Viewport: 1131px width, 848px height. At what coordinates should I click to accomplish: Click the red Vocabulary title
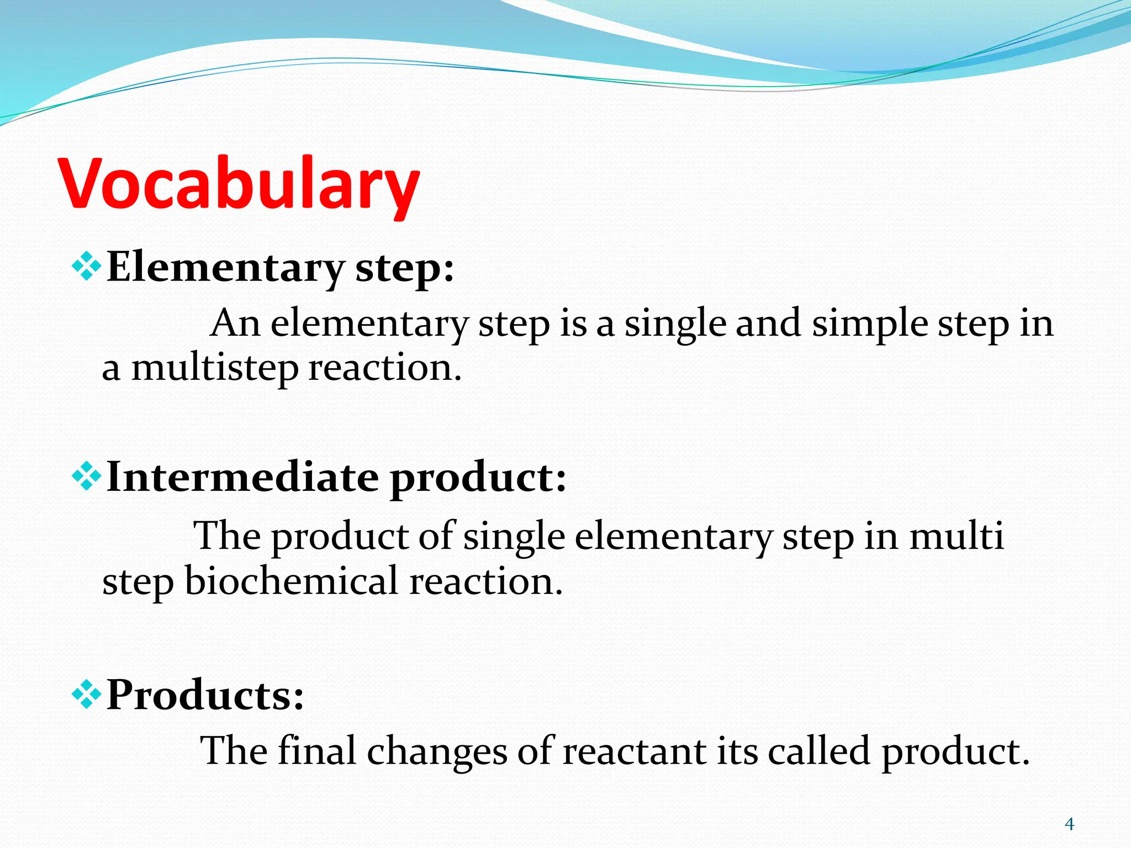(239, 184)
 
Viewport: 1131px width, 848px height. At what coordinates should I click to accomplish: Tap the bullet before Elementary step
(87, 267)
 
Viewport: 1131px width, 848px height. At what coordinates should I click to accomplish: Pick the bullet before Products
(87, 695)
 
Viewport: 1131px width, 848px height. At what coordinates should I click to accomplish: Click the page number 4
(1069, 824)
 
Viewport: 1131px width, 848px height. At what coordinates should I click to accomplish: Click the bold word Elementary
(225, 267)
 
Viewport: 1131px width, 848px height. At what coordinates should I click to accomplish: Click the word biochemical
(292, 581)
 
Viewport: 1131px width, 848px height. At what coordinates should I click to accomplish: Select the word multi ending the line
(956, 536)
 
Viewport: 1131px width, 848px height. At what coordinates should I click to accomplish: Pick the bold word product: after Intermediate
(478, 478)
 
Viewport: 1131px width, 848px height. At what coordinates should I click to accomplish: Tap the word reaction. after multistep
(385, 369)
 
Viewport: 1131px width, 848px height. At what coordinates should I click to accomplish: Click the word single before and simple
(675, 324)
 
